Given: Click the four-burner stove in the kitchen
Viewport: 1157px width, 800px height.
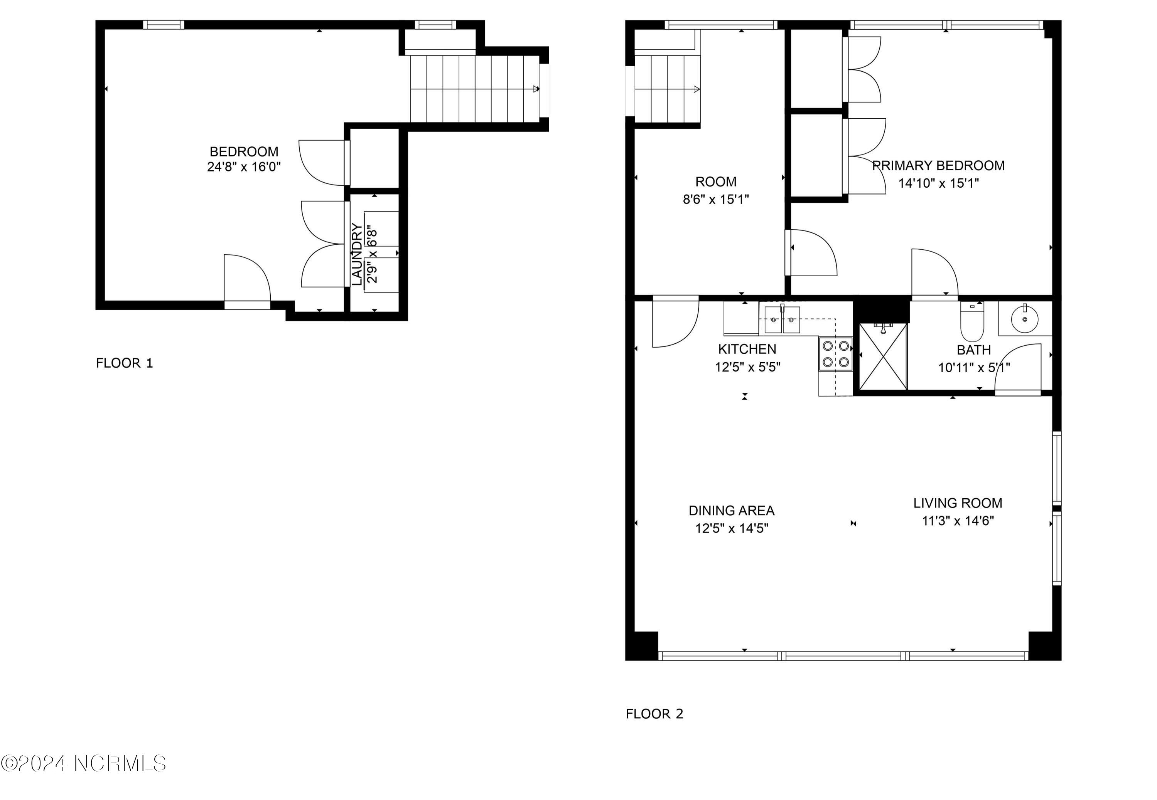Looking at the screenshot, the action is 835,353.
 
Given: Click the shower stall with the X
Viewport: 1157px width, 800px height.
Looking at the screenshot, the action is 883,356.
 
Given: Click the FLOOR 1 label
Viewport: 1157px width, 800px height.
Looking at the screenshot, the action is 124,363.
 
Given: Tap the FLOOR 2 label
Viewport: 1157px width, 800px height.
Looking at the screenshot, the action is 654,714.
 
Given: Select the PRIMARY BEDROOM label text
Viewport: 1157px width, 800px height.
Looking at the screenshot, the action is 938,165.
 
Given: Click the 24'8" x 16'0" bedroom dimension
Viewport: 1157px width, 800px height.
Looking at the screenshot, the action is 244,167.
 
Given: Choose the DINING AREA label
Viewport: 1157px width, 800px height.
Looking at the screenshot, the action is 732,510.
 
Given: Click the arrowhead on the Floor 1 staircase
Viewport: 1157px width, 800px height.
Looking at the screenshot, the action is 536,89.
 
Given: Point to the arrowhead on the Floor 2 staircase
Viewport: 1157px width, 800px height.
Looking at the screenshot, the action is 697,89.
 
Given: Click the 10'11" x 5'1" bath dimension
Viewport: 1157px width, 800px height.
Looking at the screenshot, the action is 974,367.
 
